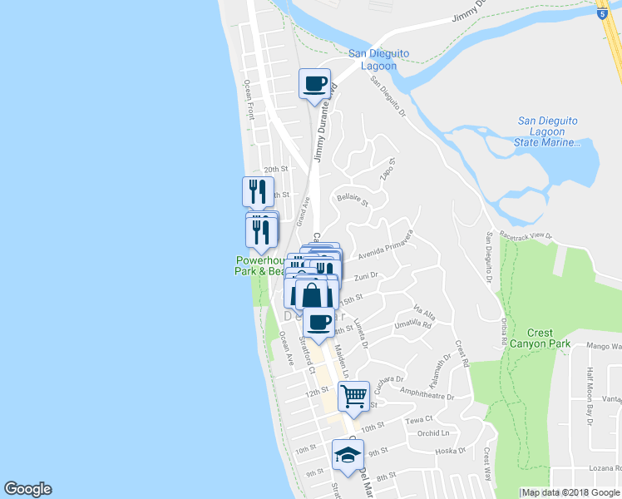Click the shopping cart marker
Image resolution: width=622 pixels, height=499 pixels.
[x=353, y=396]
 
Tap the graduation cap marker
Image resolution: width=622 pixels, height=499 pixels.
[x=348, y=454]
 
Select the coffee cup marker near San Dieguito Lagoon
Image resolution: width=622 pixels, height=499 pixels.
[x=315, y=84]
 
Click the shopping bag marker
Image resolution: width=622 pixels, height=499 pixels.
[x=312, y=294]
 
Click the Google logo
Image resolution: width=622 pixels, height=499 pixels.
[x=27, y=489]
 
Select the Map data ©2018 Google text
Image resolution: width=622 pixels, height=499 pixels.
[x=570, y=492]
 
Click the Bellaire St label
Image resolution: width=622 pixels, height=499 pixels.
[x=352, y=199]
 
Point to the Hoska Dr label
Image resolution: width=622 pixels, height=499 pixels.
[x=450, y=451]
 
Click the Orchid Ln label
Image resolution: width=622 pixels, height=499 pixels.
[x=433, y=432]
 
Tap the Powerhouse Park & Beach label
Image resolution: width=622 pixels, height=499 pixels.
[x=259, y=265]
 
